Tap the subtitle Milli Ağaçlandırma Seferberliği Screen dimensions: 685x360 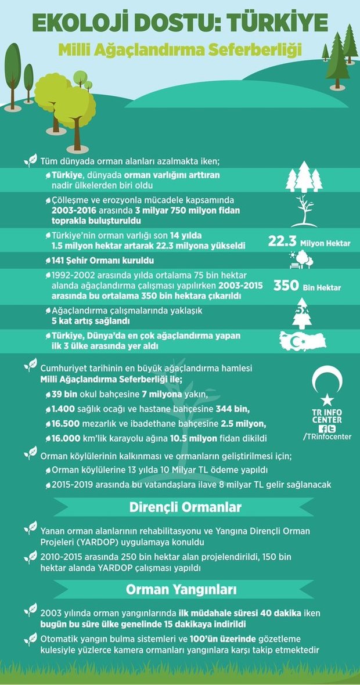(180, 51)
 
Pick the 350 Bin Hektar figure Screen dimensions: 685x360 (307, 286)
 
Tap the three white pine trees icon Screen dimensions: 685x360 (304, 177)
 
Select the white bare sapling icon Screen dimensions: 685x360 (303, 210)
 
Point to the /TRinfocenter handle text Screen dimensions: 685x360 (327, 437)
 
